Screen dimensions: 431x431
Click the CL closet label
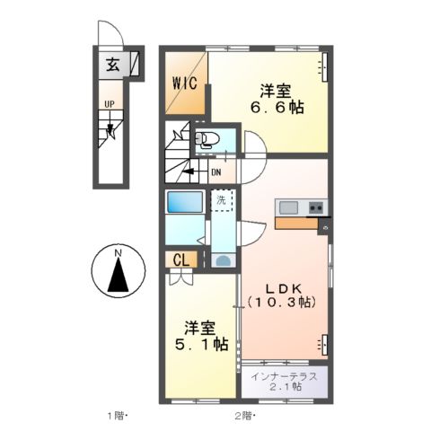pos(180,260)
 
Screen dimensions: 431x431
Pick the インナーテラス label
pos(284,376)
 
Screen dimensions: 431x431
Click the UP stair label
pos(109,104)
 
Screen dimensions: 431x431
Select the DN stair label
pos(216,172)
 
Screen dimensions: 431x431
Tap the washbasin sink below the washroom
pos(222,260)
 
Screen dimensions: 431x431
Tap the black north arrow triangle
pos(118,277)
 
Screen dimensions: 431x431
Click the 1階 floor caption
pos(117,416)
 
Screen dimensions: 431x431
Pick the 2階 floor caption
pos(243,416)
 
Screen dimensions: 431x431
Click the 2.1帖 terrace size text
pos(284,388)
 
